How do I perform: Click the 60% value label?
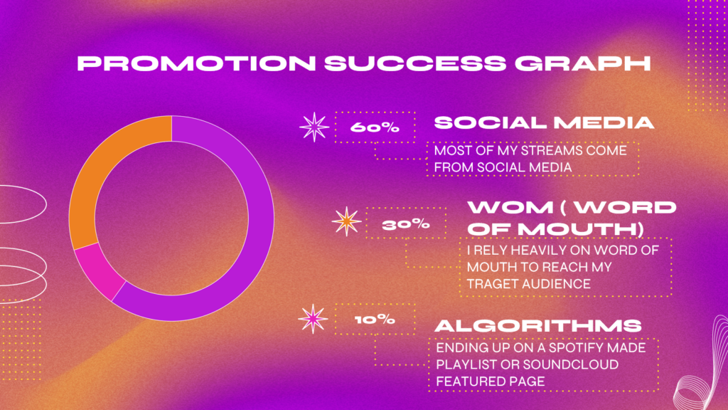click(375, 127)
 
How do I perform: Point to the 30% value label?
click(406, 225)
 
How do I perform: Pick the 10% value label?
click(375, 320)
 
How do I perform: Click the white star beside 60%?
click(314, 127)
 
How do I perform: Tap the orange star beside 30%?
click(346, 221)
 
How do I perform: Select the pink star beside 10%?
click(313, 319)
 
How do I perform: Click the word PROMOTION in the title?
click(196, 63)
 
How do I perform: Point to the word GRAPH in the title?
click(583, 63)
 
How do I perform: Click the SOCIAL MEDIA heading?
click(544, 122)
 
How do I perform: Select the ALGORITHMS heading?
click(538, 326)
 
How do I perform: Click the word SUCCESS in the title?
click(415, 63)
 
